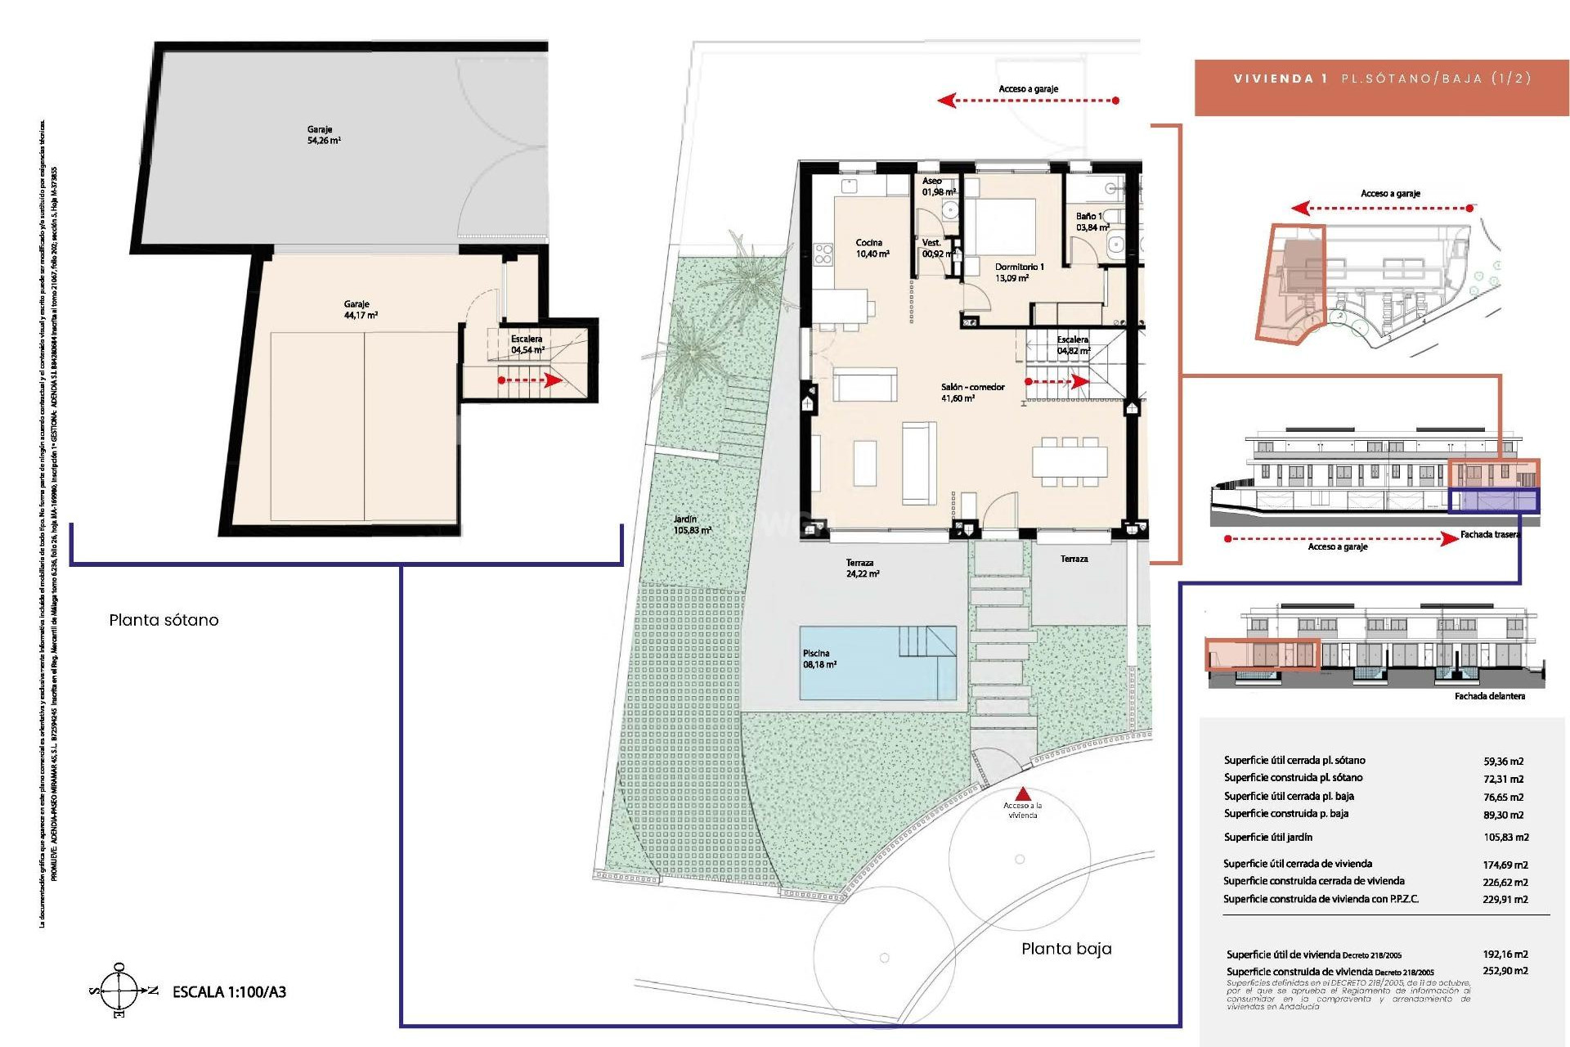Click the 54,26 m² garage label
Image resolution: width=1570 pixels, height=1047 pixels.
point(324,135)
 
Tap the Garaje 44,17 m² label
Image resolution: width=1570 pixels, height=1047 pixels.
point(360,309)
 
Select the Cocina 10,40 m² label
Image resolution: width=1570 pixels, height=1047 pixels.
point(872,248)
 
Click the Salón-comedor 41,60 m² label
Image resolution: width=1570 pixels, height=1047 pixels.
point(971,393)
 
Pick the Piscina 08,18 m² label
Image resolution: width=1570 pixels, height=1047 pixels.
point(819,659)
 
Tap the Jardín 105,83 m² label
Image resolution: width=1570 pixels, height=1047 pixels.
point(692,524)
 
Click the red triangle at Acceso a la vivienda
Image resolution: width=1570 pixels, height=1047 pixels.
point(1023,793)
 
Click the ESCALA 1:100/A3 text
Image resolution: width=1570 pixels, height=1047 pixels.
point(229,992)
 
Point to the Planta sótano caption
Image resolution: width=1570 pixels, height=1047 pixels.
point(164,620)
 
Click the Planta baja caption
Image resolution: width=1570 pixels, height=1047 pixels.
point(1065,949)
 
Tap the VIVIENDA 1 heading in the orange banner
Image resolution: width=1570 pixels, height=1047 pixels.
point(1280,79)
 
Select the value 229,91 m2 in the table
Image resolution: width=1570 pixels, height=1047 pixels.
point(1505,899)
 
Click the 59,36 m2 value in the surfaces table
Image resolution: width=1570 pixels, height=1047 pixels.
point(1503,761)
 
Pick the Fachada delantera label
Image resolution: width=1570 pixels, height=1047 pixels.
point(1489,696)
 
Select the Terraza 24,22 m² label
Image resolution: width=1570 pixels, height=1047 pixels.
point(862,568)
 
